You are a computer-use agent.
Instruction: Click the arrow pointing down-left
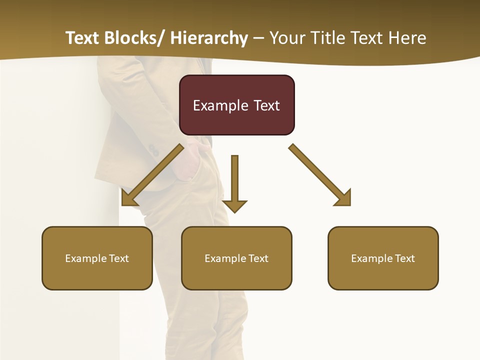[150, 175]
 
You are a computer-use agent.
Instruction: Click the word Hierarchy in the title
[209, 38]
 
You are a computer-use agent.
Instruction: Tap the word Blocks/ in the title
[135, 38]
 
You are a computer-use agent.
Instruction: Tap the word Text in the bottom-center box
[258, 258]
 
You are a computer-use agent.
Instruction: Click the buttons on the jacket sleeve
[152, 149]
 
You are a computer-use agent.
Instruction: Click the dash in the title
[258, 38]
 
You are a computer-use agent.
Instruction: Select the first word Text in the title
[82, 38]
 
